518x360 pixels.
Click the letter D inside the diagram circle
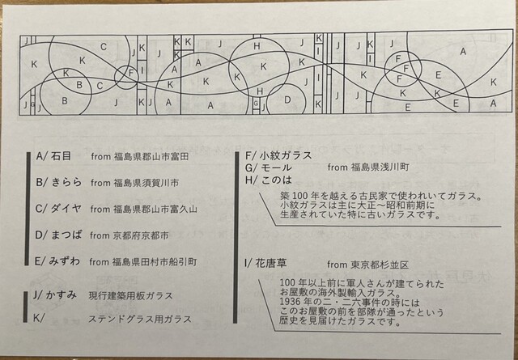287,100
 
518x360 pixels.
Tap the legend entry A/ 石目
53,156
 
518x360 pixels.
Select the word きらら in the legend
66,182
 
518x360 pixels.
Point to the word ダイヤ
66,209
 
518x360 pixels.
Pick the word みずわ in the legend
65,261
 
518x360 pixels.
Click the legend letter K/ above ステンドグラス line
39,319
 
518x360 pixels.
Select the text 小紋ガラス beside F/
286,155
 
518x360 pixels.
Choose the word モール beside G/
276,167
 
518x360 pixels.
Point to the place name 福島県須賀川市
146,183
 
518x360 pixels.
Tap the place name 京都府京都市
141,235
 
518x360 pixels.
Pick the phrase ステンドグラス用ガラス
140,320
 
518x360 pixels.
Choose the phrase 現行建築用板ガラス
130,295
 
